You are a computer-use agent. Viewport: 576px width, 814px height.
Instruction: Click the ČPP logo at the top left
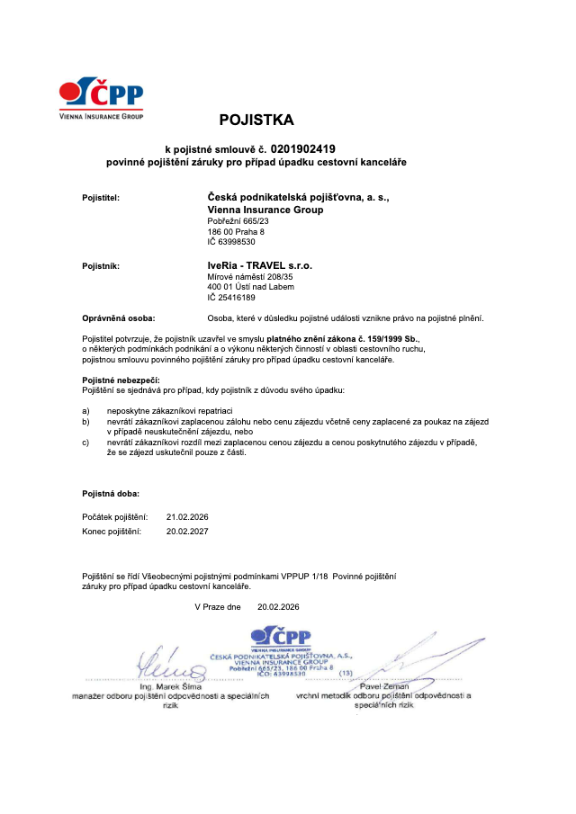coord(101,96)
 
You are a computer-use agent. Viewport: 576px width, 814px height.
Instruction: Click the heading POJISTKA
coord(256,120)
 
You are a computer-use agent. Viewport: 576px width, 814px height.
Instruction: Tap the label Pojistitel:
coord(101,196)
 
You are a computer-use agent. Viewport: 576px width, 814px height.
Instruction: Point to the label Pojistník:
coord(101,266)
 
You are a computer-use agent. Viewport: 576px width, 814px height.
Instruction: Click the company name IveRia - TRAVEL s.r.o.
coord(259,266)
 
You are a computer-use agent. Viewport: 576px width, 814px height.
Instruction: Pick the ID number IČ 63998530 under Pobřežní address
coord(231,242)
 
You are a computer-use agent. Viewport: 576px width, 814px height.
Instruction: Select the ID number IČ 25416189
coord(231,298)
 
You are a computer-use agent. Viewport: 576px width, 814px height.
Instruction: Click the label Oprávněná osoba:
coord(119,318)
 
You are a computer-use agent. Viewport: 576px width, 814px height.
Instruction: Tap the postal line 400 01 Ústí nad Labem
coord(250,287)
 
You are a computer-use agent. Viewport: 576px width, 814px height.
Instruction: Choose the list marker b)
coord(85,421)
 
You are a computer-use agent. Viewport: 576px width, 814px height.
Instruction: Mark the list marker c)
coord(85,443)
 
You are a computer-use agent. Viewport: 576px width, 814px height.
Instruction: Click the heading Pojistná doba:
coord(111,494)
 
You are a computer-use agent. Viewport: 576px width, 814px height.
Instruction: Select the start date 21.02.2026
coord(187,517)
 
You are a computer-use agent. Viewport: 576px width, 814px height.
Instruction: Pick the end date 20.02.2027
coord(187,532)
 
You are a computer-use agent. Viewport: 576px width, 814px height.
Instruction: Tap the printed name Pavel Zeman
coord(378,686)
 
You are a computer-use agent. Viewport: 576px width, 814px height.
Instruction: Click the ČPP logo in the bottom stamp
coord(281,638)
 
